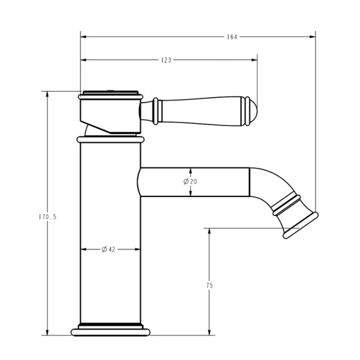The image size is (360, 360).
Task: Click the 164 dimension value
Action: click(231, 37)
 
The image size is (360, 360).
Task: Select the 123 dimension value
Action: click(166, 60)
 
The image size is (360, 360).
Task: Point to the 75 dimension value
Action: click(209, 284)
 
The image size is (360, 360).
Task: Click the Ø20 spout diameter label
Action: click(190, 181)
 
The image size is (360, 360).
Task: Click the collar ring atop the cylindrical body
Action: click(110, 140)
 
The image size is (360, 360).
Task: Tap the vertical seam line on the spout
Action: click(250, 182)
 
